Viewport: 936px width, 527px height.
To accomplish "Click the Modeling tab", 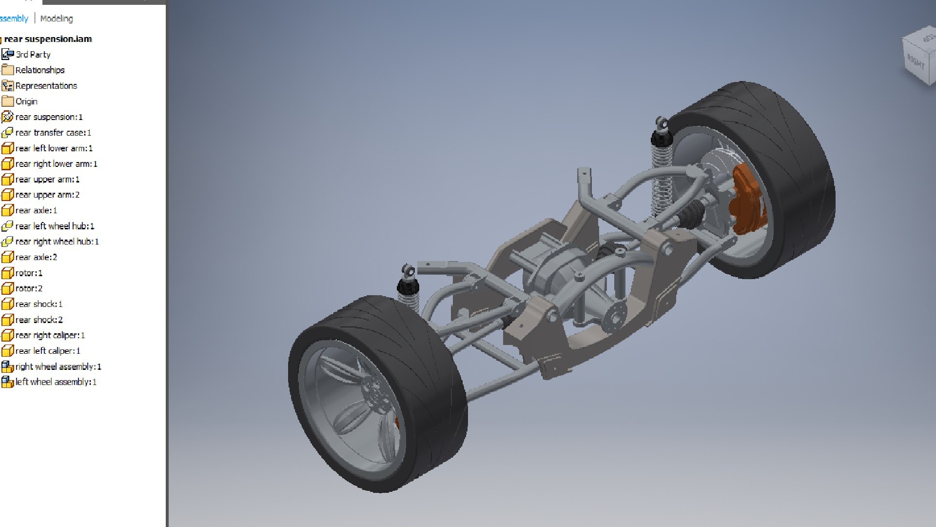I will click(57, 19).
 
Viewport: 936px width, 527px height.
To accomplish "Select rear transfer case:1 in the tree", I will click(53, 133).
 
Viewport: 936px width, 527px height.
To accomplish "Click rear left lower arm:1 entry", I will click(54, 148).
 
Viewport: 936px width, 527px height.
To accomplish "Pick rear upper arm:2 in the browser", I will click(47, 195).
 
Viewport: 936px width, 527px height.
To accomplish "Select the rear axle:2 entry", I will click(36, 257).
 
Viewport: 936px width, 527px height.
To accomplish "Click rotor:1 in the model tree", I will click(29, 273).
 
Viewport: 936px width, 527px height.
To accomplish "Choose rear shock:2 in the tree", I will click(39, 320).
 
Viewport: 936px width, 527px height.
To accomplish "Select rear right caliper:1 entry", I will click(50, 335).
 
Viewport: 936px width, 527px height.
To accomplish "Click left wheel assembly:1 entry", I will click(56, 382).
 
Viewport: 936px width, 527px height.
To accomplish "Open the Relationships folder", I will click(39, 70).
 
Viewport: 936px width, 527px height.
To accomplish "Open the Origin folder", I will click(26, 101).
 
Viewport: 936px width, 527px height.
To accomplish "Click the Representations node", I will click(46, 86).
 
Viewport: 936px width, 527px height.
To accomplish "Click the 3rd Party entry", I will click(33, 55).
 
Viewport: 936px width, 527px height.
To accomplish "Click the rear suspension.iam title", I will click(48, 39).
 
